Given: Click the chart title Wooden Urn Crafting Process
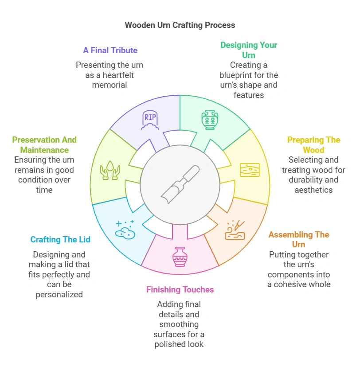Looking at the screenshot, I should point(180,25).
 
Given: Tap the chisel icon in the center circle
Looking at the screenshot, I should point(180,184).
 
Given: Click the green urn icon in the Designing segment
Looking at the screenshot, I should point(209,120).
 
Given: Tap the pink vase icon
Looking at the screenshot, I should point(180,256).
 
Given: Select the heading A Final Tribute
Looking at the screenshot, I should point(110,51).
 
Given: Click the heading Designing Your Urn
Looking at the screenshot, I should point(248,50).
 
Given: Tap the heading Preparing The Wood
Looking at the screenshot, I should point(313,145).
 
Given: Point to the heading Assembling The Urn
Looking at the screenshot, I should point(298,239).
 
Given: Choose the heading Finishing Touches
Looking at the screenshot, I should point(180,290).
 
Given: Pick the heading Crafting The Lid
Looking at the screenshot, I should point(60,240).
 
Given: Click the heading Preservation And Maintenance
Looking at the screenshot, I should point(44,145).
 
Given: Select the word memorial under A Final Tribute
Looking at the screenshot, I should point(110,85).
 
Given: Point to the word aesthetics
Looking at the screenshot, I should point(313,190).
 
